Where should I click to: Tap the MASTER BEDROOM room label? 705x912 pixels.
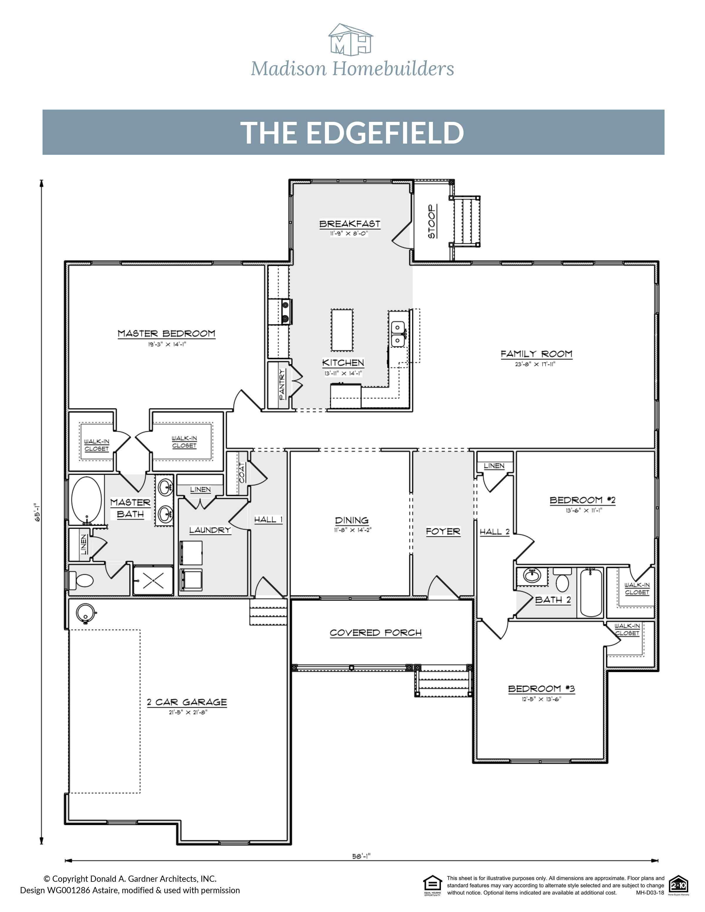click(166, 334)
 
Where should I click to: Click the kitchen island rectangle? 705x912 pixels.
click(342, 330)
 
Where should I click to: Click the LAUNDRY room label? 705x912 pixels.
click(210, 530)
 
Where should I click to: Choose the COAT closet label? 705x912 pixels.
click(242, 473)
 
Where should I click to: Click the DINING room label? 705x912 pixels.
click(352, 520)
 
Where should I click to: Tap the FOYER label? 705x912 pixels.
click(443, 531)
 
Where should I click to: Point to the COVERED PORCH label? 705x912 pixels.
click(375, 633)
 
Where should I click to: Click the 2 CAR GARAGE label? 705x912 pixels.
click(187, 702)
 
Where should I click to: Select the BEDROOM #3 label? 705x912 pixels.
click(541, 689)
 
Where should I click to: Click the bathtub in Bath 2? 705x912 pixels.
click(590, 592)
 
